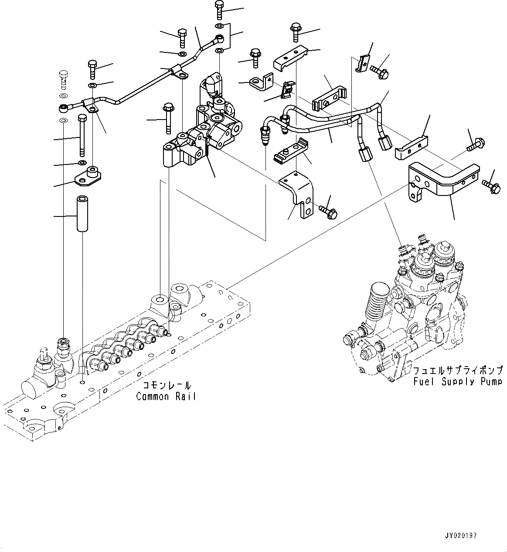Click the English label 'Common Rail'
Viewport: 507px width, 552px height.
pyautogui.click(x=166, y=397)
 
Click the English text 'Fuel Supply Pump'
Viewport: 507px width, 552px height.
pyautogui.click(x=458, y=382)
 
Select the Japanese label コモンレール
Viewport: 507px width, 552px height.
pyautogui.click(x=167, y=386)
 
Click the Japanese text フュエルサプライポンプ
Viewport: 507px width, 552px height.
pyautogui.click(x=458, y=370)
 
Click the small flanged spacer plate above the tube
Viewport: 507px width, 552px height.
pyautogui.click(x=89, y=176)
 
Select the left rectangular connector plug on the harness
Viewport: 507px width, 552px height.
pyautogui.click(x=364, y=154)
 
